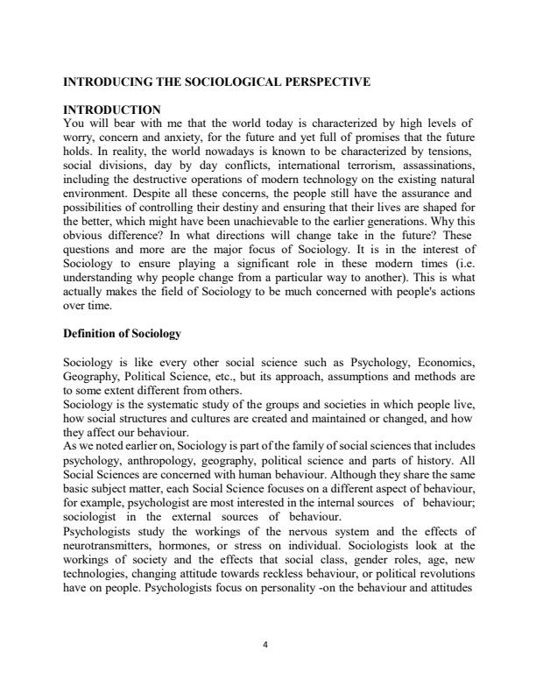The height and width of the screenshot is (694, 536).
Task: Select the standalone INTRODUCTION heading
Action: tap(112, 110)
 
